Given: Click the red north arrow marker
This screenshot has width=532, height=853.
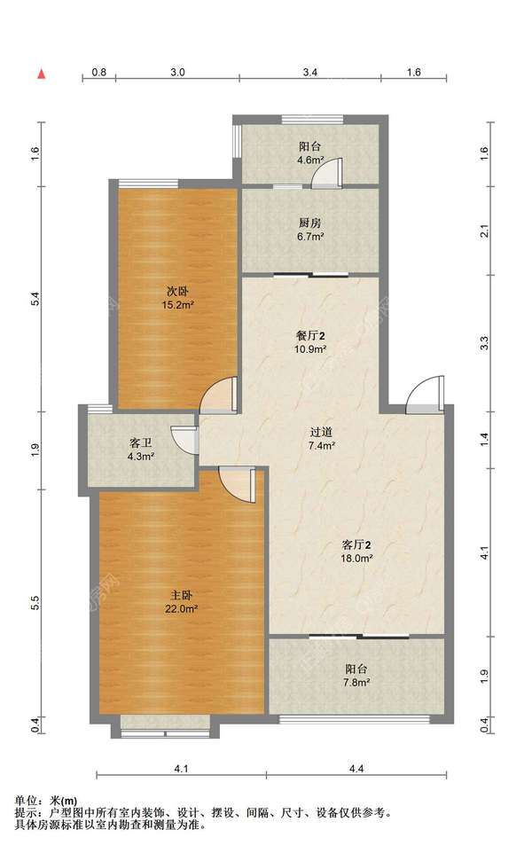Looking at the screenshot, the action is coord(42,74).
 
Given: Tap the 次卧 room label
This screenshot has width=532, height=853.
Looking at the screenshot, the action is coord(178,292).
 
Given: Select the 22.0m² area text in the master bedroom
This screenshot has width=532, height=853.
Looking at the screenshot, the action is coord(181,609).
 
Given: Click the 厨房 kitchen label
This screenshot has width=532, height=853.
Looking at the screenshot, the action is coord(310,223).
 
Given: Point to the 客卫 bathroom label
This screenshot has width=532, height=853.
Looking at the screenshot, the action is coord(140,443).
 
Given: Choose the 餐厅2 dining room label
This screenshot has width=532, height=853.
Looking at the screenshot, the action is coord(310,336).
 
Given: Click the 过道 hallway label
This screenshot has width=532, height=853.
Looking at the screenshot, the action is coord(321,433).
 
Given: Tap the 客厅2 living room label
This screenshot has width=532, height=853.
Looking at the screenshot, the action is coord(356,544).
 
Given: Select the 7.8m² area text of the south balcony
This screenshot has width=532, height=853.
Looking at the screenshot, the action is coord(356,683).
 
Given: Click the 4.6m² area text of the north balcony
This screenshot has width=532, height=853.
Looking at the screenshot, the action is coord(310,160).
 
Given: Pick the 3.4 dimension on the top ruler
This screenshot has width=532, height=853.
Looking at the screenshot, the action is coord(310,72).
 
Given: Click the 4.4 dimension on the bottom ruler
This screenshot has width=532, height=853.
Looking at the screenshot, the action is coord(356,769).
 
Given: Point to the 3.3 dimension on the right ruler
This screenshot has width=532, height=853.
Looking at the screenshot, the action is coord(485,343).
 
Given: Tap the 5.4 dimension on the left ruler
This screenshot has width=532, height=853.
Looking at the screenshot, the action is coord(35,299).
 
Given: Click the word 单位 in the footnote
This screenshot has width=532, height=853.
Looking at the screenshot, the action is coord(26,801).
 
